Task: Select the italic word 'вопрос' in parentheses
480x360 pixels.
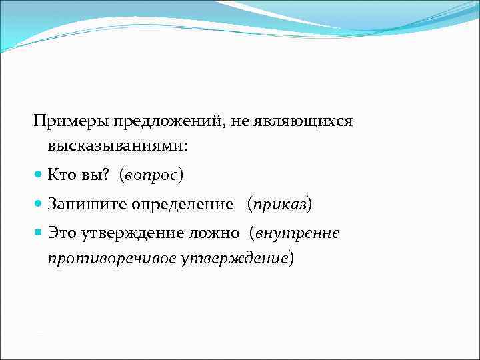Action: tap(151, 175)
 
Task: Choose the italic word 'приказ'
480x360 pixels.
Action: tap(279, 205)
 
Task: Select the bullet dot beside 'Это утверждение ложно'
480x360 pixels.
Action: tap(39, 233)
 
